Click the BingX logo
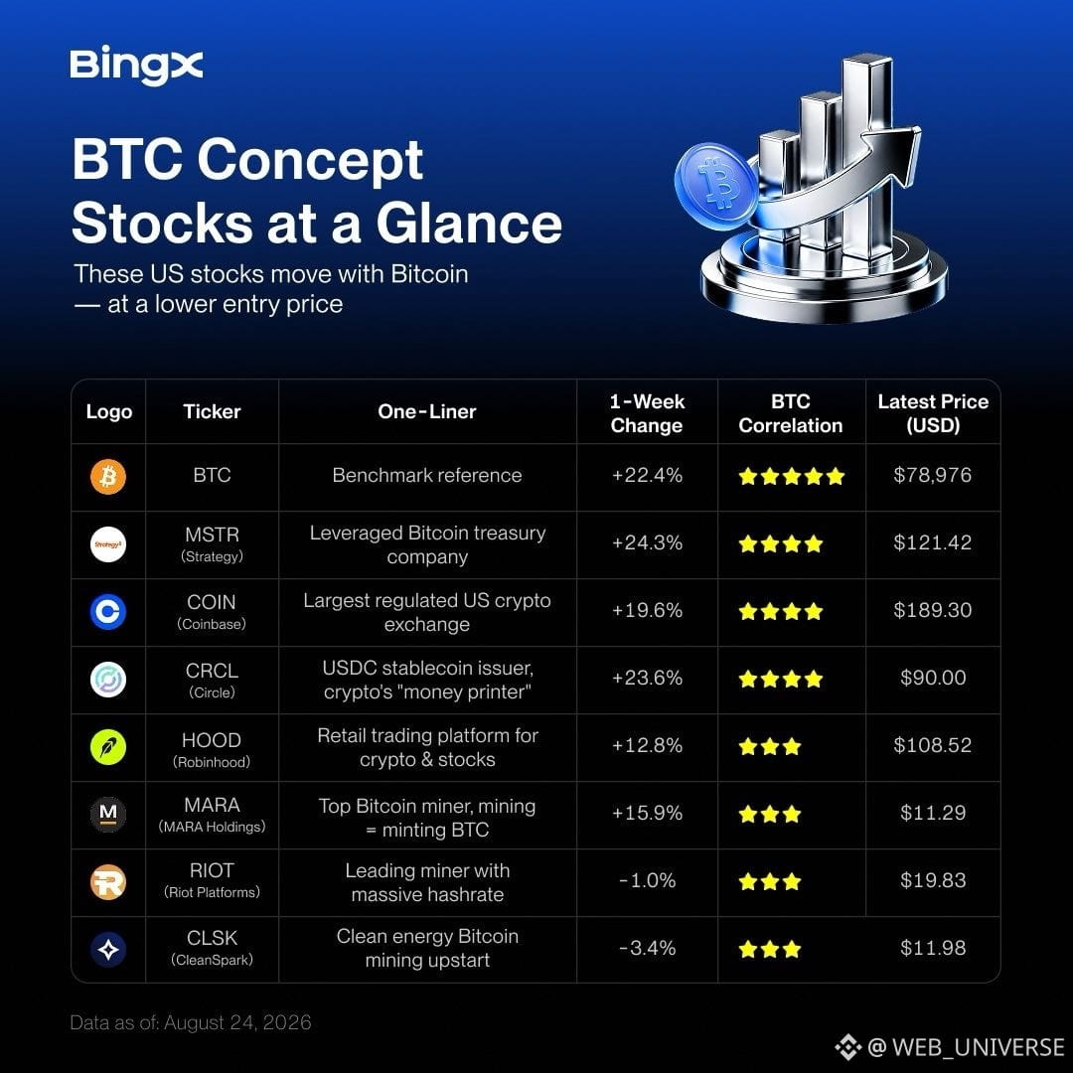pyautogui.click(x=136, y=66)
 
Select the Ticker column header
pyautogui.click(x=213, y=412)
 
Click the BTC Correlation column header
pyautogui.click(x=791, y=413)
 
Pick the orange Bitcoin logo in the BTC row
pyautogui.click(x=108, y=476)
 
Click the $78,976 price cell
pyautogui.click(x=933, y=475)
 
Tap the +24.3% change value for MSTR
pyautogui.click(x=647, y=542)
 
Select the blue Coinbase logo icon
pyautogui.click(x=108, y=611)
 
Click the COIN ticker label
pyautogui.click(x=212, y=602)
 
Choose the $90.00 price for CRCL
pyautogui.click(x=933, y=678)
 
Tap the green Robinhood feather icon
pyautogui.click(x=108, y=746)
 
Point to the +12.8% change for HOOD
pyautogui.click(x=647, y=745)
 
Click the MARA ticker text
pyautogui.click(x=213, y=805)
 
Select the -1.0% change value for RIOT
pyautogui.click(x=648, y=880)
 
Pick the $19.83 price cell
pyautogui.click(x=933, y=880)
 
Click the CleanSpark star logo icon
pyautogui.click(x=108, y=949)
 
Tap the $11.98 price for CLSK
pyautogui.click(x=933, y=948)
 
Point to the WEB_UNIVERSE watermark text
pyautogui.click(x=979, y=1047)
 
